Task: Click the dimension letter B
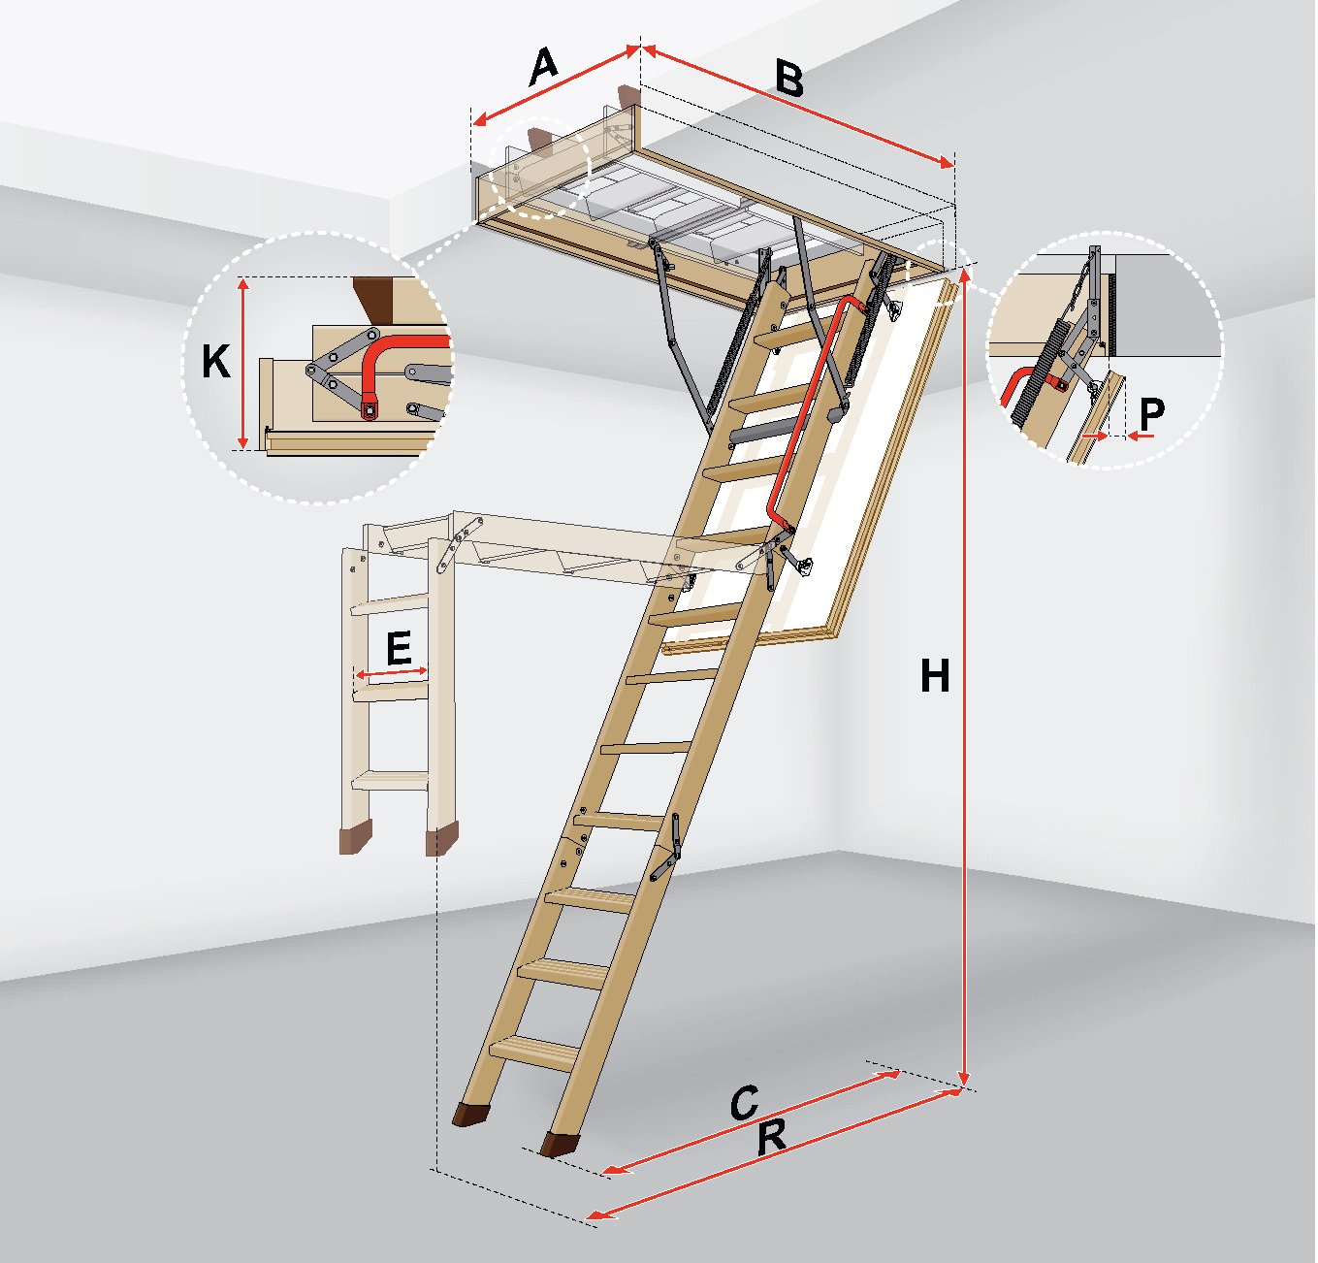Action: pos(789,80)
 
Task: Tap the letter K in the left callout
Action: pos(216,361)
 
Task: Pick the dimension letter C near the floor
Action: pos(745,1102)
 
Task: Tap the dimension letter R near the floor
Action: pos(771,1136)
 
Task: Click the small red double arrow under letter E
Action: pos(392,673)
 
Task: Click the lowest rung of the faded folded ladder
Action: pos(390,780)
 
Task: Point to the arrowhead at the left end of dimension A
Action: pos(480,120)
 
